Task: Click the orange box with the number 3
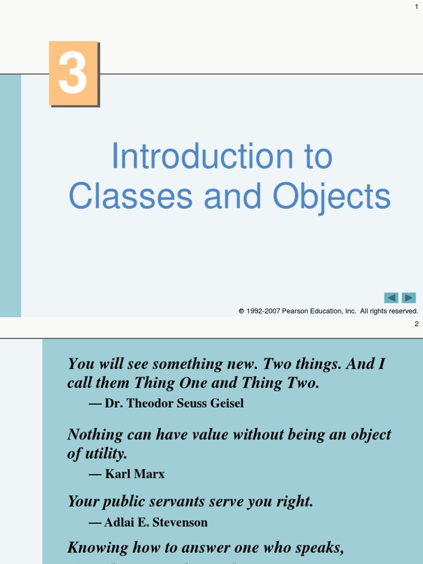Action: (73, 73)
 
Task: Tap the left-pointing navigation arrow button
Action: (391, 298)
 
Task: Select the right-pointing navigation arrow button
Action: (409, 298)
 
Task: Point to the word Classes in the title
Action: (131, 196)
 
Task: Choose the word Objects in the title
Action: (332, 196)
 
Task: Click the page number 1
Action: (416, 6)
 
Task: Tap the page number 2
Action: (416, 324)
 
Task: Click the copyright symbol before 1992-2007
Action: (241, 311)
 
